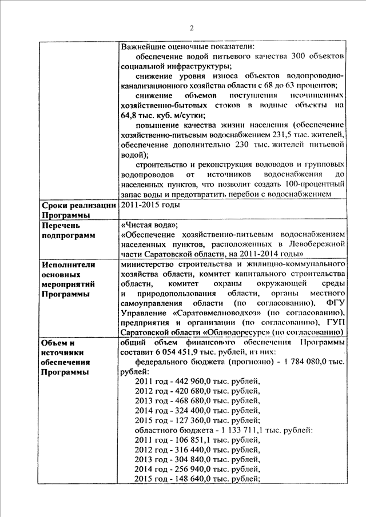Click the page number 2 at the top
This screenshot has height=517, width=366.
tap(192, 28)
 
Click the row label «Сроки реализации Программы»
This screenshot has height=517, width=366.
tap(78, 210)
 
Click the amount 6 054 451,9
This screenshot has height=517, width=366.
tap(177, 352)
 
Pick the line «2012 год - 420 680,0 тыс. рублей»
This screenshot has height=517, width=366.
tap(197, 392)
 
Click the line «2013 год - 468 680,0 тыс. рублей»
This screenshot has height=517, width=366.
tap(197, 402)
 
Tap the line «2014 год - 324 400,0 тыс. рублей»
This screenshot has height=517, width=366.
tap(197, 411)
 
